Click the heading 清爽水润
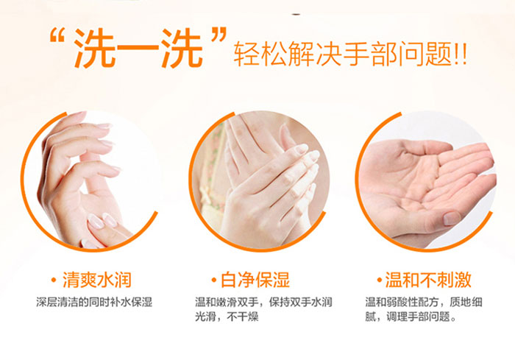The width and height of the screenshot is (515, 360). (x=97, y=280)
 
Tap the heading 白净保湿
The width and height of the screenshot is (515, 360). (x=255, y=280)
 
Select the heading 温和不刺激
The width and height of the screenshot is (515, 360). (x=428, y=280)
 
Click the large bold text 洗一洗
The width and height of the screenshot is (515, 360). (x=138, y=49)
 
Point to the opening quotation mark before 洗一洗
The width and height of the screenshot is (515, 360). (x=57, y=36)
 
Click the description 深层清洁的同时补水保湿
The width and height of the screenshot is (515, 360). (x=94, y=302)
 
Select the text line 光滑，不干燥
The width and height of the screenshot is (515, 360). (x=227, y=317)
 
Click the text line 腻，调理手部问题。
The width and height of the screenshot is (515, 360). (x=411, y=317)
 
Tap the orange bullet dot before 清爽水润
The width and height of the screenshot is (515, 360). (x=54, y=280)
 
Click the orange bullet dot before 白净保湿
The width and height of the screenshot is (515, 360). (x=214, y=280)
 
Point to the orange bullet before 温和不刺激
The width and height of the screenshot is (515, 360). (x=380, y=280)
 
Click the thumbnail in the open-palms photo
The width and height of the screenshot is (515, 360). (x=452, y=219)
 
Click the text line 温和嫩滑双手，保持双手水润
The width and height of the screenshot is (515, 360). (x=263, y=302)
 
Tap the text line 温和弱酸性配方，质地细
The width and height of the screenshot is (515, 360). (x=424, y=302)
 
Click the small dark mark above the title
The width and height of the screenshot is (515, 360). (x=296, y=15)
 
